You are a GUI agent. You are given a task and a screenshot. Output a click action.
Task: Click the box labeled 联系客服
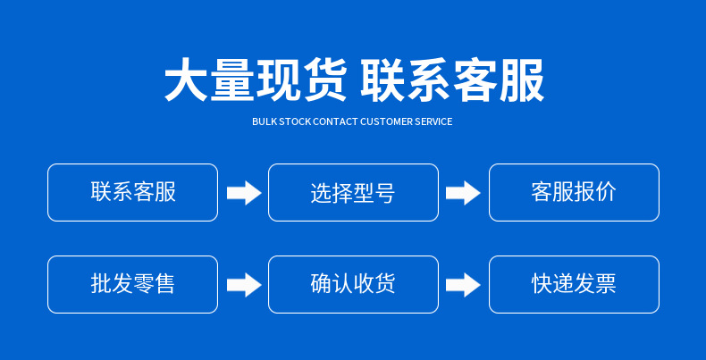point(132,192)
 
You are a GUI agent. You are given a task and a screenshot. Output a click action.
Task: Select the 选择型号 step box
point(353,192)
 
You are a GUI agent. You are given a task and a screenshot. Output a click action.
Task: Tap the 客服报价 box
point(574,192)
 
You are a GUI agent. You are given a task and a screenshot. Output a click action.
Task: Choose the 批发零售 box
point(132,284)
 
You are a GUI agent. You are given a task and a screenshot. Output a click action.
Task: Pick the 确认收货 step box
point(353,284)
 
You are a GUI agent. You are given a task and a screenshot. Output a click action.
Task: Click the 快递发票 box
point(574,284)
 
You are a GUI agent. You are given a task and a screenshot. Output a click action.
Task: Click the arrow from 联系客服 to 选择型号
point(243,193)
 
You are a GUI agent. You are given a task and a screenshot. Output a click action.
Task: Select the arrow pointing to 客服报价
point(463,193)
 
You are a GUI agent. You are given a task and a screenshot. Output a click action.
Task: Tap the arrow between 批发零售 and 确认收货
point(243,285)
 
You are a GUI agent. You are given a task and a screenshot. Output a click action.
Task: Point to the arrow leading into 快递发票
point(463,285)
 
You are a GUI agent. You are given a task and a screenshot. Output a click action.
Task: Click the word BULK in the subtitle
point(264,121)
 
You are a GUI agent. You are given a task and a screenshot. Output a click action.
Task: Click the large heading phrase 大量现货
point(256,81)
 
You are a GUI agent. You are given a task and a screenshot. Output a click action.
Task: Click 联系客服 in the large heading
point(452,81)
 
